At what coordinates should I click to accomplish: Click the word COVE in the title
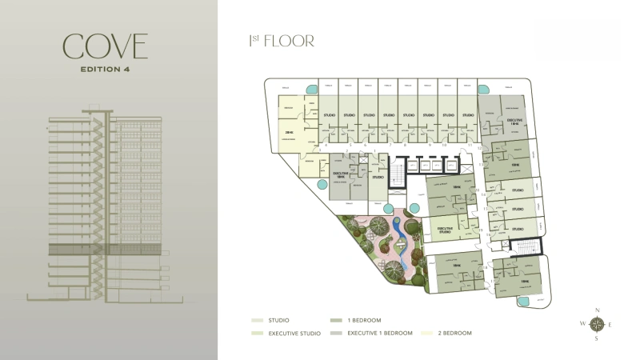point(106,47)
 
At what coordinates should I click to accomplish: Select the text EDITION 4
point(106,70)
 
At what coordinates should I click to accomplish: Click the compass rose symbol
point(596,324)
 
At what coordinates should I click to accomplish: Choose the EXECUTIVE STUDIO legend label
point(294,333)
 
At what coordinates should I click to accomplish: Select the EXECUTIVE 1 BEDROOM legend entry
point(380,333)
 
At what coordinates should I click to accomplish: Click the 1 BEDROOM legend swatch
point(332,320)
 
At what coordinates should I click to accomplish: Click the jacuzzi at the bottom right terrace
point(524,302)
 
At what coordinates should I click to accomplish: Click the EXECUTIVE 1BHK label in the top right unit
point(514,122)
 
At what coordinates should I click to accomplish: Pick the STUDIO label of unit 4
point(369,115)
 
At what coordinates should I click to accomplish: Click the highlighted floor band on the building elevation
point(108,250)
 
